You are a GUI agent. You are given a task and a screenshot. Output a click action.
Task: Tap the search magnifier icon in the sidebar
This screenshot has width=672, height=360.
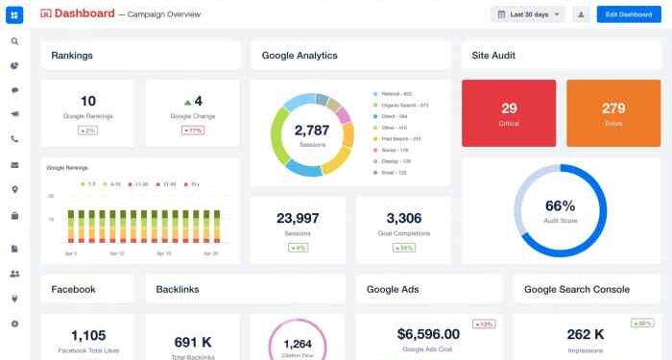[x=14, y=42]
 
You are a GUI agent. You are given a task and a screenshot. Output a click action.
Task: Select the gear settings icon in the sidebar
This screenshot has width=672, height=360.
[x=14, y=324]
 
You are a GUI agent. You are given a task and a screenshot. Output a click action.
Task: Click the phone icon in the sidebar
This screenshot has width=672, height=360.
[x=14, y=139]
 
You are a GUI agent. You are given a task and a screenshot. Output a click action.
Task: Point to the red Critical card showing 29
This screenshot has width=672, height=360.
[x=509, y=112]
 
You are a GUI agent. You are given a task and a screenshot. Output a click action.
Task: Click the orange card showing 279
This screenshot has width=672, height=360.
[x=613, y=112]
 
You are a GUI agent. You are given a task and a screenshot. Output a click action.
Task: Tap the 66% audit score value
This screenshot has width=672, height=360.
[x=560, y=206]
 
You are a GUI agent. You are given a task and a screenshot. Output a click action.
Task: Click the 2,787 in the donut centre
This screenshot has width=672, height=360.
[x=311, y=130]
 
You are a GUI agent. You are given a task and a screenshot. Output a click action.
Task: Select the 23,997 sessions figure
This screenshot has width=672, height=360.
[x=298, y=219]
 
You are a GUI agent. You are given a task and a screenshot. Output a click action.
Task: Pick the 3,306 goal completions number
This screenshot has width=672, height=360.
[x=403, y=219]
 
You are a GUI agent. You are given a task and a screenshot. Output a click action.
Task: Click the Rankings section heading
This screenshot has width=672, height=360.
[x=72, y=56]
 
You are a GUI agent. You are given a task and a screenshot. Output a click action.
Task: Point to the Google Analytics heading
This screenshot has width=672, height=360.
[x=300, y=56]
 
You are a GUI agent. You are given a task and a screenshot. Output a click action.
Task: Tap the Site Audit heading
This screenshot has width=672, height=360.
[x=494, y=56]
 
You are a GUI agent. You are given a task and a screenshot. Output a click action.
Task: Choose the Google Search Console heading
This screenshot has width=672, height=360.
[x=577, y=289]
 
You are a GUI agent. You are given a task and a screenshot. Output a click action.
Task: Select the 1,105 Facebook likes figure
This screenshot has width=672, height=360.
[x=87, y=335]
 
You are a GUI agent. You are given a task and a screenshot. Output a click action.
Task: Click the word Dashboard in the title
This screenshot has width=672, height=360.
[x=84, y=14]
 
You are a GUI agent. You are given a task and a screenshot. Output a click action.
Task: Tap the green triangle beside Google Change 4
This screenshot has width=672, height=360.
[x=187, y=101]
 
